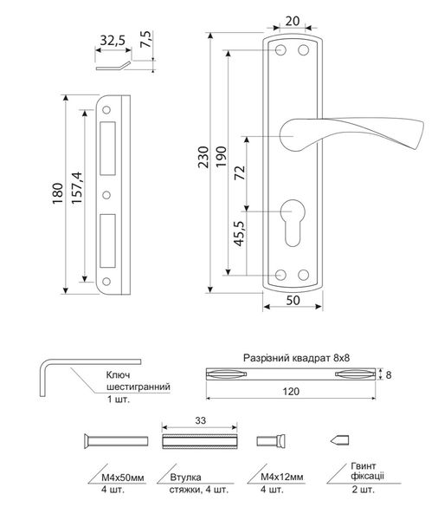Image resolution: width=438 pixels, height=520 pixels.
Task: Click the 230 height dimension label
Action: tap(203, 157)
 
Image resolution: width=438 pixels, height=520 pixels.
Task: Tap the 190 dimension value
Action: tap(221, 157)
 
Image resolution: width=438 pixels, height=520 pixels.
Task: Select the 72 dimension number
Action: tap(240, 172)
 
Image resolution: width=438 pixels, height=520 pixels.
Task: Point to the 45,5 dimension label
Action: tap(239, 233)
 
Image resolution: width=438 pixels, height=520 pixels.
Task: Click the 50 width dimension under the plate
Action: tap(293, 300)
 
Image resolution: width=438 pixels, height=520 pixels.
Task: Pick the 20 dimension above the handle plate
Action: tap(293, 21)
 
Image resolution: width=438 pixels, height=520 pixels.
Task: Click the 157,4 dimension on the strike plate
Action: tap(76, 187)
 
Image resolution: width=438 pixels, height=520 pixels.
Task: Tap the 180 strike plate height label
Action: tap(57, 193)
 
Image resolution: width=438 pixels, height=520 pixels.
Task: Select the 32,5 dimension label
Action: tap(113, 41)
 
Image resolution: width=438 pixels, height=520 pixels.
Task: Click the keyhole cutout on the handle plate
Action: tap(293, 223)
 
